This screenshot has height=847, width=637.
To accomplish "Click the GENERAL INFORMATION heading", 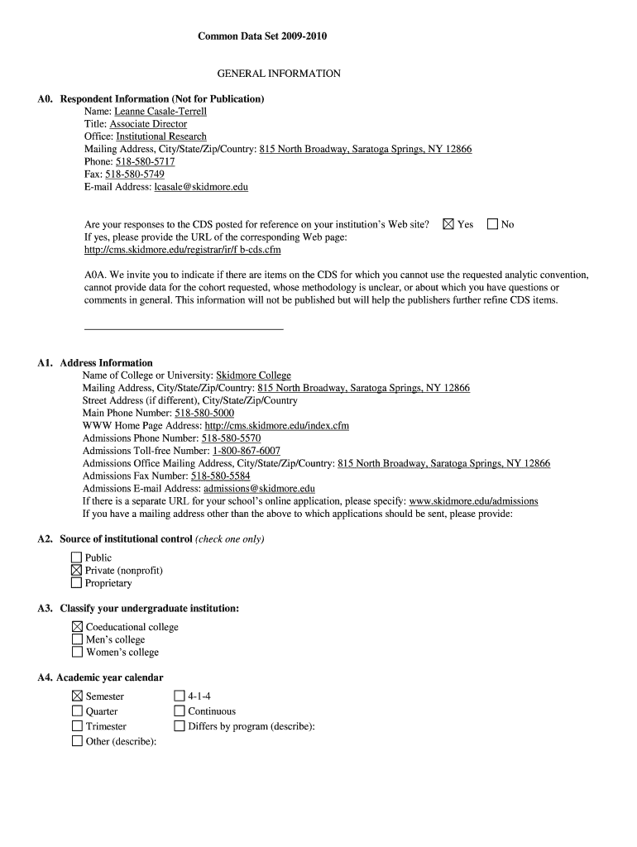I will click(279, 74).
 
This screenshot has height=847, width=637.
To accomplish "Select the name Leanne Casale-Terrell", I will click(160, 111).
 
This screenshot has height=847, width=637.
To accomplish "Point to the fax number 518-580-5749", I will click(135, 175).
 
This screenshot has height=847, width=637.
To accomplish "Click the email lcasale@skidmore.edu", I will click(201, 187).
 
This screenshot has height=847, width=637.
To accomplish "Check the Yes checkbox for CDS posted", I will click(449, 224).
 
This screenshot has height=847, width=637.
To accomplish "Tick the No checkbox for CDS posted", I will click(493, 224).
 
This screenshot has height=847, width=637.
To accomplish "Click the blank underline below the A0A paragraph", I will click(184, 329).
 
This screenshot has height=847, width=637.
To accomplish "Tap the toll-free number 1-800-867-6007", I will click(247, 451).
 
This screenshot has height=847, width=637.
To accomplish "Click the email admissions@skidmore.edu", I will click(259, 489).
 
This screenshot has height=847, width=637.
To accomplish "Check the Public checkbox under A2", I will click(77, 557).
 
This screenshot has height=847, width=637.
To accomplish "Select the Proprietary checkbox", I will click(77, 583).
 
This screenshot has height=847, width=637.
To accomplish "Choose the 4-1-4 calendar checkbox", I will click(180, 696).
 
